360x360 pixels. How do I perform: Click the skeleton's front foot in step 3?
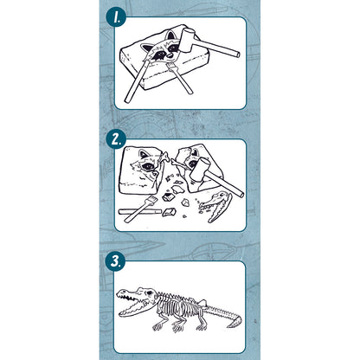(x=158, y=327)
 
